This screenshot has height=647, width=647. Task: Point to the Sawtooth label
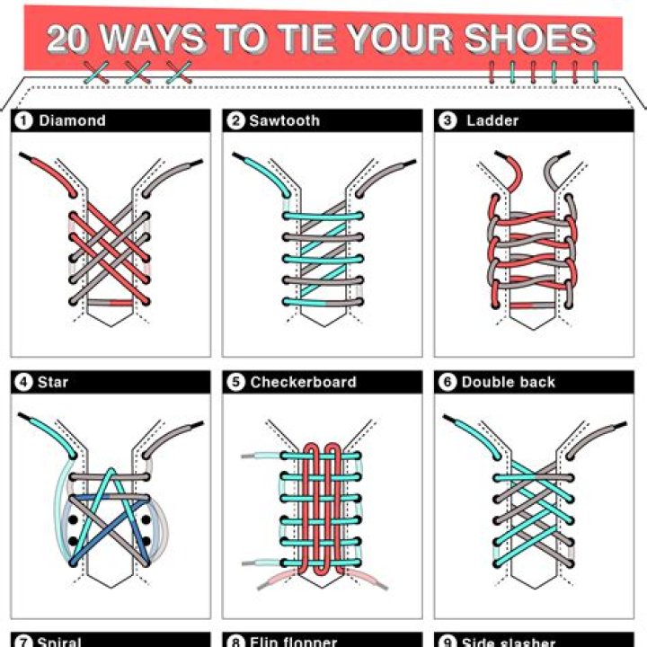283,120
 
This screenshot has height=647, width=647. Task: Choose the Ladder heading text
492,120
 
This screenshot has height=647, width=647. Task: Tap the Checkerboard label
303,382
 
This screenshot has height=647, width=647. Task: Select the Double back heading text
509,382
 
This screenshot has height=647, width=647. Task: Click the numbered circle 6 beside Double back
448,382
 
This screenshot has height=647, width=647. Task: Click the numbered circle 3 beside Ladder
448,120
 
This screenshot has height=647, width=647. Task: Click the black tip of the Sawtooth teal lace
238,158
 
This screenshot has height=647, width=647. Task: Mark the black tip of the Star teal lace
26,419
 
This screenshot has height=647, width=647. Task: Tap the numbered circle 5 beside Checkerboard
236,382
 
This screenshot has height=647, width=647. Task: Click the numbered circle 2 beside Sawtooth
236,120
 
